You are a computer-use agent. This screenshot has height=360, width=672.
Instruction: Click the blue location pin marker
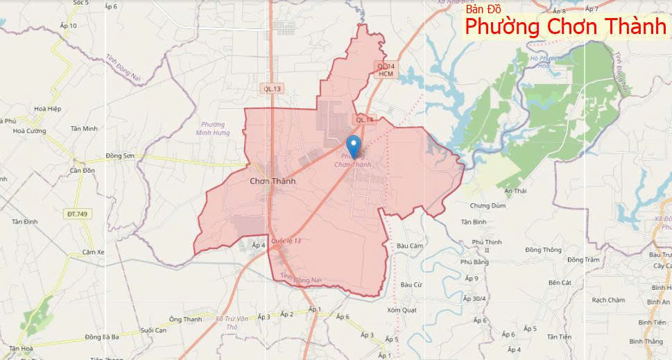tap(354, 146)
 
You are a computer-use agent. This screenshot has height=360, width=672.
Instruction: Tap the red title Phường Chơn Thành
tap(565, 28)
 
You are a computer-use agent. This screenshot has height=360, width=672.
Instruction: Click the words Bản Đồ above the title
tap(484, 9)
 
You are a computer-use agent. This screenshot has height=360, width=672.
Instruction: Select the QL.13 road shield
tap(273, 88)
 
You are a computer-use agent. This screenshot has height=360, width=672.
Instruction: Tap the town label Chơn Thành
tap(273, 180)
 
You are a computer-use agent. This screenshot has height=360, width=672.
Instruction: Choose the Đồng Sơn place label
tap(119, 156)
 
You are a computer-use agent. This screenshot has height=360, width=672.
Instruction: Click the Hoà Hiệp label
tap(48, 109)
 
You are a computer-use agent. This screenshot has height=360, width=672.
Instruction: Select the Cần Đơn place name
tap(82, 170)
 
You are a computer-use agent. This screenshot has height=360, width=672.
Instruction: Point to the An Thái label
tap(516, 190)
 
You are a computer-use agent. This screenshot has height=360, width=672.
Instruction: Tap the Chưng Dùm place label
tap(488, 206)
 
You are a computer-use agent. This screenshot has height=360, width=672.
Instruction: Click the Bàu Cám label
tap(411, 246)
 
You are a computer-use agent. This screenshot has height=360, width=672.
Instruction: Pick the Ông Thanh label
tap(185, 319)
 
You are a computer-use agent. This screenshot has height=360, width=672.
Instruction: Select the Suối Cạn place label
tap(154, 330)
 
